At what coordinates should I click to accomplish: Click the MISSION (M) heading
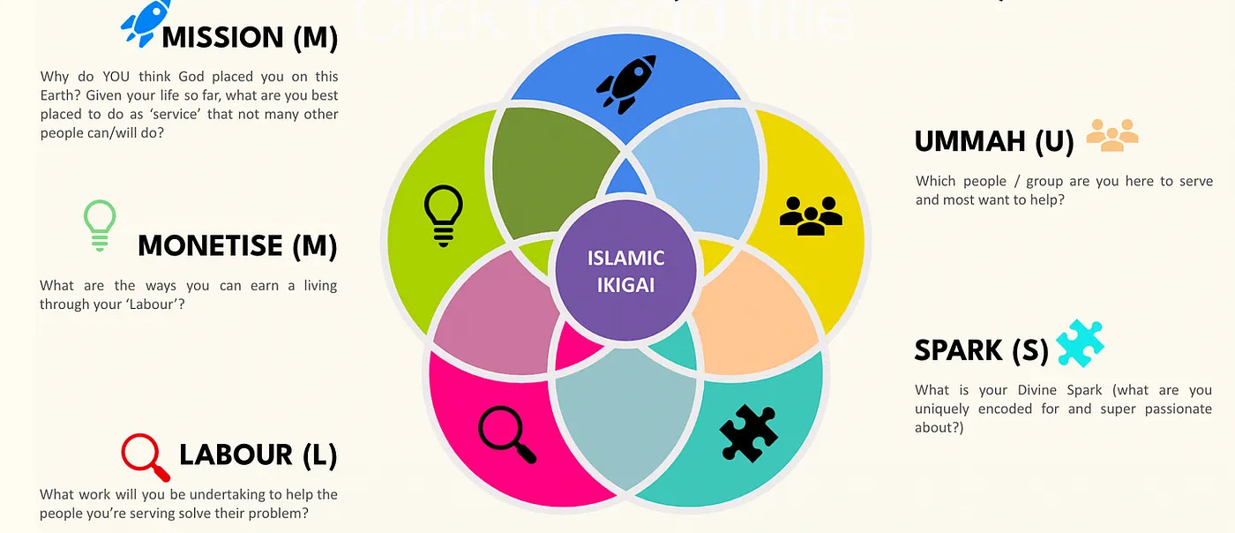pyautogui.click(x=250, y=37)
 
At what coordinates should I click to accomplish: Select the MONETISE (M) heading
pyautogui.click(x=237, y=245)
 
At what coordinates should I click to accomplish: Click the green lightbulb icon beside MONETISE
pyautogui.click(x=100, y=225)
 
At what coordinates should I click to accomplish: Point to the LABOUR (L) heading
pyautogui.click(x=258, y=454)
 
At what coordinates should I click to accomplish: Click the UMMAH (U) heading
pyautogui.click(x=994, y=141)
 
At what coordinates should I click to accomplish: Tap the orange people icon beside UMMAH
pyautogui.click(x=1111, y=135)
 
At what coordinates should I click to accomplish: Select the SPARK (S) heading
pyautogui.click(x=981, y=350)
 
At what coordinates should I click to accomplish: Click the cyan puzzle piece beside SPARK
pyautogui.click(x=1080, y=343)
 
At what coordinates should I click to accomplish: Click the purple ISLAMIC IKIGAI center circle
pyautogui.click(x=625, y=271)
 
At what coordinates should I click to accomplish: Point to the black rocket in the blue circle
pyautogui.click(x=626, y=86)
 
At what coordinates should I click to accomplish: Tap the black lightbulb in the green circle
pyautogui.click(x=443, y=214)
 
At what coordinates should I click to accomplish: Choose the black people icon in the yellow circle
pyautogui.click(x=811, y=214)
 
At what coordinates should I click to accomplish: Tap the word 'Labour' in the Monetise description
pyautogui.click(x=169, y=304)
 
